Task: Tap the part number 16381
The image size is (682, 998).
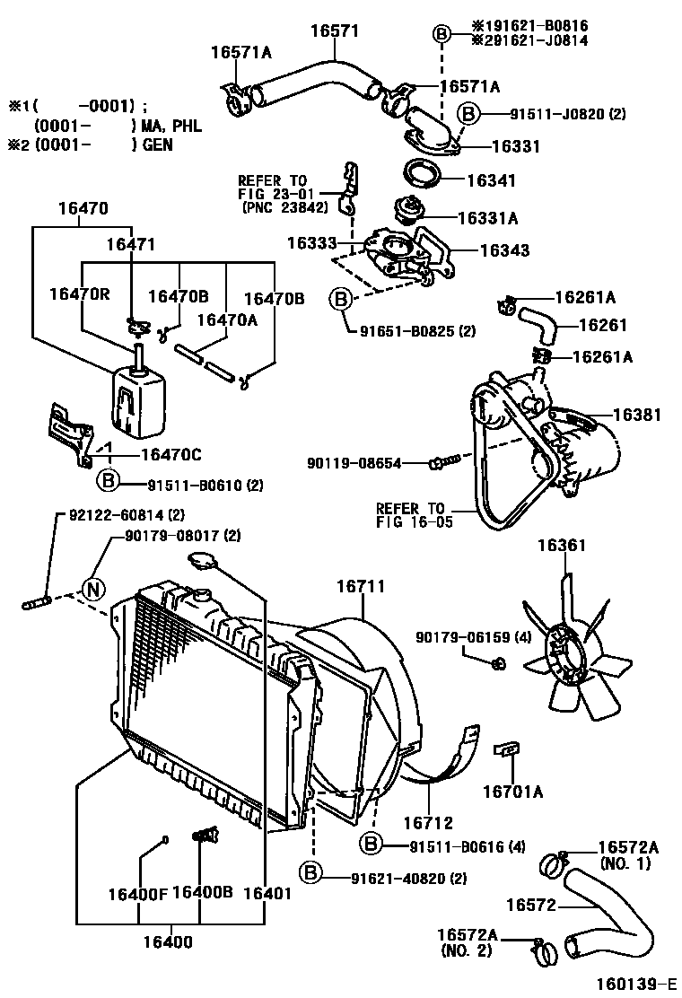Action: (x=638, y=416)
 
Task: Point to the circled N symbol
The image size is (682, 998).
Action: (x=94, y=590)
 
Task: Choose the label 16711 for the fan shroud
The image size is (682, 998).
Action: (x=361, y=587)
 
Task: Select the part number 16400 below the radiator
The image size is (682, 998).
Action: (x=168, y=942)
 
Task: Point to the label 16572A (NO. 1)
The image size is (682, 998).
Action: (x=628, y=855)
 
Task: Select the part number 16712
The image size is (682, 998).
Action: (x=428, y=821)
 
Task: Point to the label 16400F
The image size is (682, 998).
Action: (x=137, y=893)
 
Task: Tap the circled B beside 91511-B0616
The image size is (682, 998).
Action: (x=372, y=845)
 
